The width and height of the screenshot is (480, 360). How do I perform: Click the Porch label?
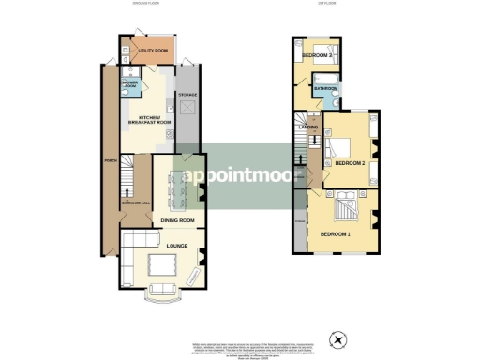coord(110,174)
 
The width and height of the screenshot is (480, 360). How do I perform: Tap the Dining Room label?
coord(177,220)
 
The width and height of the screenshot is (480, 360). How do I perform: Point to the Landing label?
coord(307,127)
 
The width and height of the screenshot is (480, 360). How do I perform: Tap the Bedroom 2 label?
coord(350,163)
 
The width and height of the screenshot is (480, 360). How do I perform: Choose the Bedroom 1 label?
coord(335,232)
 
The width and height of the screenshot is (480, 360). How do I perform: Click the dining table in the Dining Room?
coord(177,188)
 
